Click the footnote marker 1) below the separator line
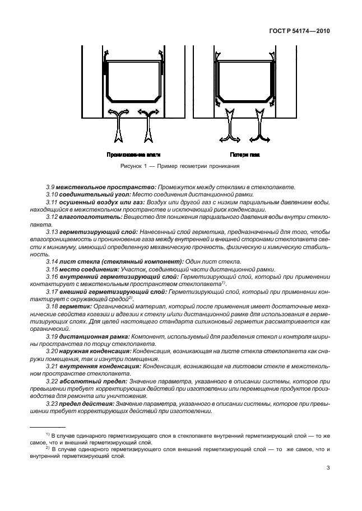coord(48,434)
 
